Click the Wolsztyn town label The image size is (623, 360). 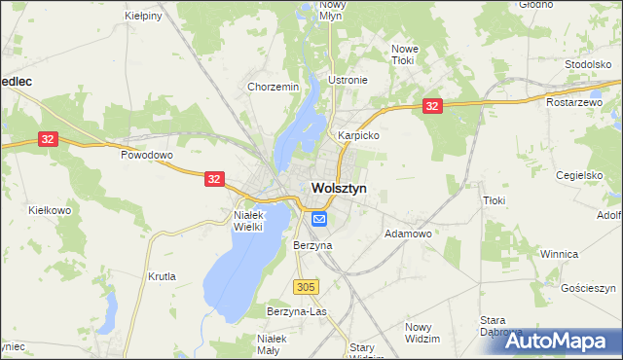coord(338,189)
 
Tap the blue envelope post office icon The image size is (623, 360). coord(318,221)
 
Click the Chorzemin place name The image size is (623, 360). coord(273,87)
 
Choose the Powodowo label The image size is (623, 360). coord(146,155)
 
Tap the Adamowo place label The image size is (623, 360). coord(408,234)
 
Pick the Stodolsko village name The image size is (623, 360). coord(587,64)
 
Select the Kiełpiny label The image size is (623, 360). coord(145,17)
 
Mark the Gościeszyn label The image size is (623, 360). coord(589,289)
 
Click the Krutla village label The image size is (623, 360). coord(162,277)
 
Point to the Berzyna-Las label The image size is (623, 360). coord(297,311)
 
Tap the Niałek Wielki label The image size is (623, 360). coord(256,221)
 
